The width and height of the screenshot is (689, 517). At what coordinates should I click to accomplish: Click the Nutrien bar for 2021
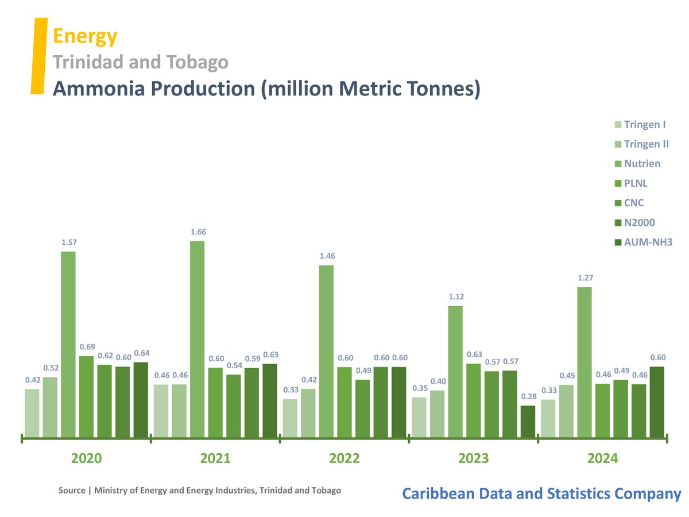pos(198,339)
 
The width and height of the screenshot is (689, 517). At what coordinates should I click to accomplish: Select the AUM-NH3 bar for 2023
pos(528,422)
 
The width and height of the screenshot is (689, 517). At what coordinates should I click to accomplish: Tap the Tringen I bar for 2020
pos(32,414)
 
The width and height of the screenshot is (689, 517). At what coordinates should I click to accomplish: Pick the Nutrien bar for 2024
pos(585,362)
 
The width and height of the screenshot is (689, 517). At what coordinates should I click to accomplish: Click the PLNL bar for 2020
pos(86,396)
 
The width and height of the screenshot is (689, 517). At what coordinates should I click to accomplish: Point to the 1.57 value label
pos(68,242)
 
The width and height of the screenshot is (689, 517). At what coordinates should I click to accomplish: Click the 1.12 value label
pos(456,297)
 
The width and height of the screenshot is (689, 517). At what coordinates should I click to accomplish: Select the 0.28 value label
pos(528,396)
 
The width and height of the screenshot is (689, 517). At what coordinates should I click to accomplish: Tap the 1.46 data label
pos(327,256)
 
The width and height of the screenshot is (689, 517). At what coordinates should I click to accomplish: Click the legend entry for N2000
pos(639,222)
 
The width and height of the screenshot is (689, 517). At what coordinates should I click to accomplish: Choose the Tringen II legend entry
pos(646,144)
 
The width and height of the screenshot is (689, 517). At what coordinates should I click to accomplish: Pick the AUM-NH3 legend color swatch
pos(617,242)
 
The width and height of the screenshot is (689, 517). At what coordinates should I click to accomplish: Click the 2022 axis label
pos(344,458)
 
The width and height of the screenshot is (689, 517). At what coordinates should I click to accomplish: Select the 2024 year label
pos(602,458)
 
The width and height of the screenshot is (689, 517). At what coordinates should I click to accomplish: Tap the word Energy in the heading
pos(85,36)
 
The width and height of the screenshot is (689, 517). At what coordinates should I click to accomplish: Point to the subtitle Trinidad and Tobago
pos(141,62)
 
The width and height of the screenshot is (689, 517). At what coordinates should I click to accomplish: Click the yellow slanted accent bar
pos(38,55)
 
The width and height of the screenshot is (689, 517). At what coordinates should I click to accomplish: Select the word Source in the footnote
pos(71,491)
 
